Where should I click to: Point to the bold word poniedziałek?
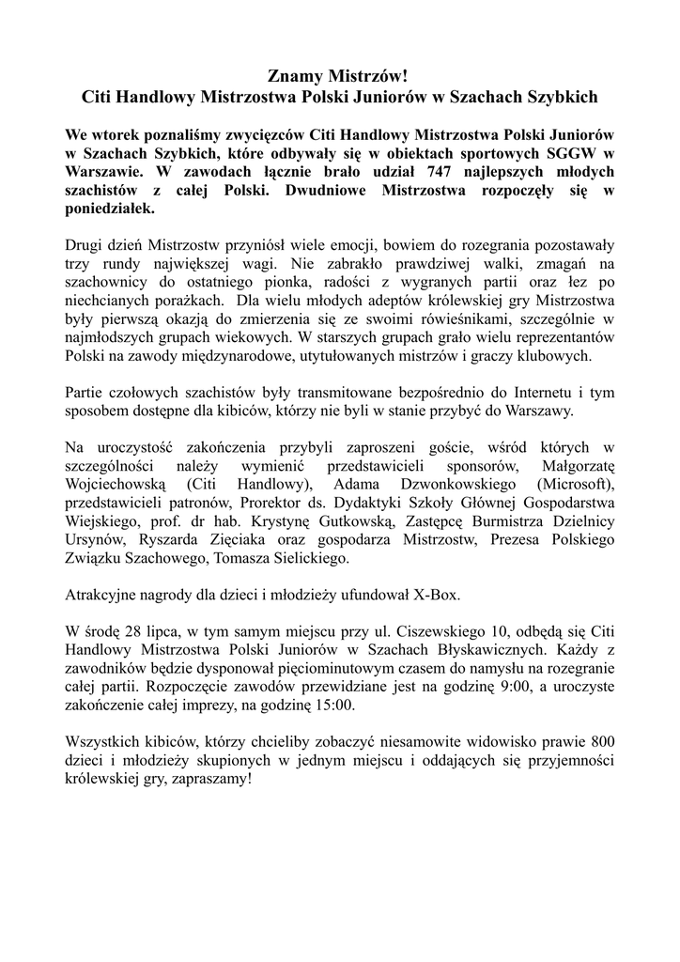108,212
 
